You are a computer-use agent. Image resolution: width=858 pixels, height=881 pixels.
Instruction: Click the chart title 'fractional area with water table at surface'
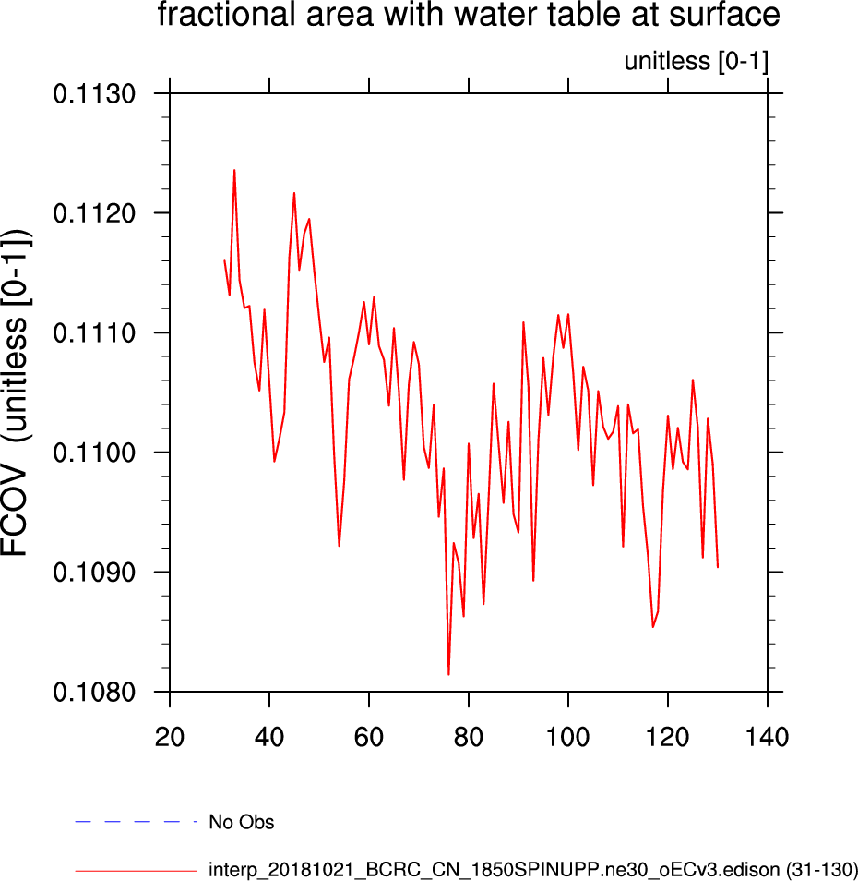click(x=469, y=16)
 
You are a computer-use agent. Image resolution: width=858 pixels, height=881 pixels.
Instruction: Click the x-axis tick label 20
click(x=170, y=737)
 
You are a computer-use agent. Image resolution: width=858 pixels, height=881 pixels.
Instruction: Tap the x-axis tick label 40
click(x=269, y=737)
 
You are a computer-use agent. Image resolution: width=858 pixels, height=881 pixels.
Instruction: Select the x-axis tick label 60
click(x=369, y=737)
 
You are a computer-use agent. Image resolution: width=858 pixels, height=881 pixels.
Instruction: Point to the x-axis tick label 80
click(x=469, y=737)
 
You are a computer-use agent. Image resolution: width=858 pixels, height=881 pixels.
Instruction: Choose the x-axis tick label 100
click(x=568, y=737)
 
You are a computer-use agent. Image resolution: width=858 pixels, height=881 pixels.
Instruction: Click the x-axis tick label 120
click(x=668, y=737)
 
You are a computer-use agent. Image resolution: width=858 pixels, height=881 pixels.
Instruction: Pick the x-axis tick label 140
click(x=768, y=737)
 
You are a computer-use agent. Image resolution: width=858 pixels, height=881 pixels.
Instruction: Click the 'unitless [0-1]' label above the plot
click(x=696, y=62)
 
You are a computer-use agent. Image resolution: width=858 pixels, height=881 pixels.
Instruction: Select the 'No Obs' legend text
click(x=241, y=822)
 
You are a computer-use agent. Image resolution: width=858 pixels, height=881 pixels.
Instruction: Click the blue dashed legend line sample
click(x=137, y=821)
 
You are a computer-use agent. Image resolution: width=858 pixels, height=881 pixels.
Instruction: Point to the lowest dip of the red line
click(x=448, y=674)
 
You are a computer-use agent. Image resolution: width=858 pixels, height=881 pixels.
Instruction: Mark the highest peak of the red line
click(x=234, y=170)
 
